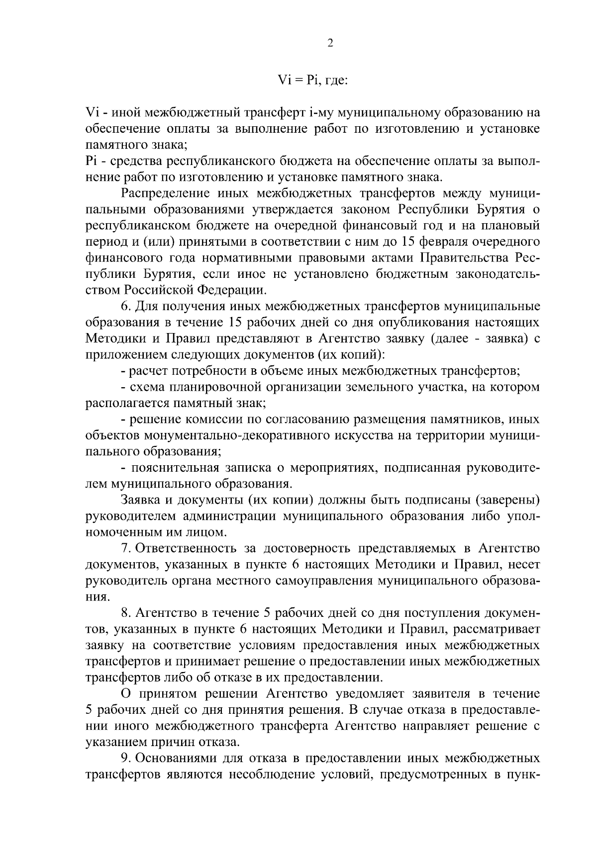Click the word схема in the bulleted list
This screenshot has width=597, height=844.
click(148, 387)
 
